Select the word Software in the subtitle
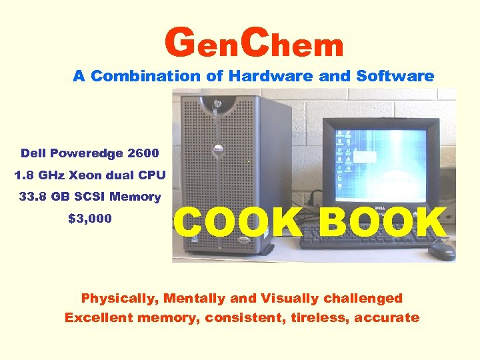[395, 76]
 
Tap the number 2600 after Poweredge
[143, 153]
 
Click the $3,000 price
[90, 219]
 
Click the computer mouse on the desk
[442, 250]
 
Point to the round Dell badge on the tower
[216, 148]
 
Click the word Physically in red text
[119, 298]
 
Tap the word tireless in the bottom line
[319, 318]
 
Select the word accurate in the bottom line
[387, 318]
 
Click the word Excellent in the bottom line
[99, 318]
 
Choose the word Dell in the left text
[35, 153]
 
